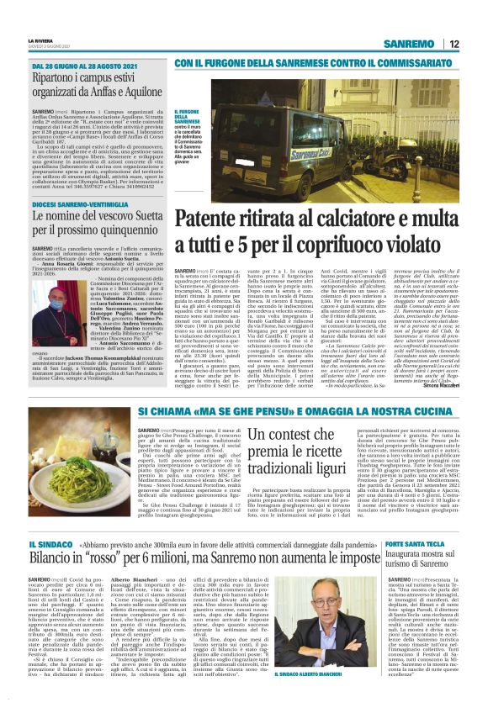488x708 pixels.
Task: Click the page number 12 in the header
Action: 454,44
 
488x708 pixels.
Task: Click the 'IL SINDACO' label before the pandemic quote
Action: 52,545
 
